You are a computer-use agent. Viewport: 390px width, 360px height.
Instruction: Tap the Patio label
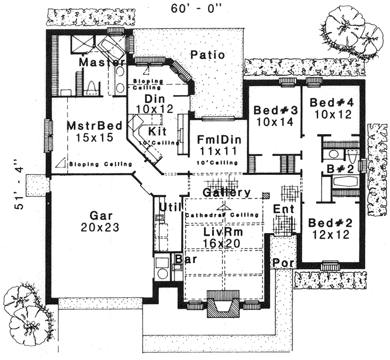click(x=207, y=55)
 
